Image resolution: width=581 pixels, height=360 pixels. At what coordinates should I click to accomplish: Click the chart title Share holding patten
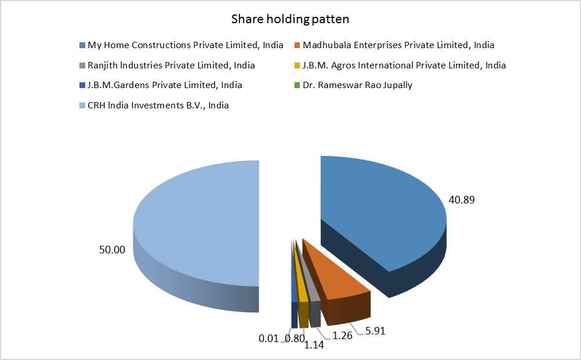point(290,19)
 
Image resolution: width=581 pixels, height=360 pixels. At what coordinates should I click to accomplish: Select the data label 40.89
point(463,200)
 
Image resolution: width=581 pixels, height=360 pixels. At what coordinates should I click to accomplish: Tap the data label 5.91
point(375,332)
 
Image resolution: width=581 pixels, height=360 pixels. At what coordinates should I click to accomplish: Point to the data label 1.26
point(343,334)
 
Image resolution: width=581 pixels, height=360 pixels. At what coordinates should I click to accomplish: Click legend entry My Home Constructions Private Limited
point(185,45)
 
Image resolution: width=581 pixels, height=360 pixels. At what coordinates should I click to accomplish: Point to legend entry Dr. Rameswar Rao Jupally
point(354,85)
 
